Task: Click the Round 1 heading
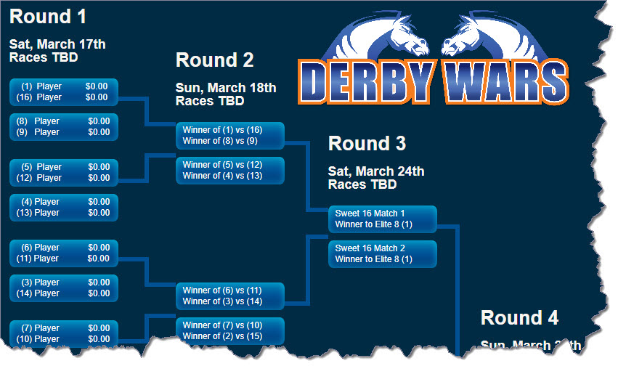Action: (x=52, y=16)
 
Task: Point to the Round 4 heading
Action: (x=519, y=317)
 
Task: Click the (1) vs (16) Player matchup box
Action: (x=64, y=92)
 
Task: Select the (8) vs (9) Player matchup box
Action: (x=64, y=126)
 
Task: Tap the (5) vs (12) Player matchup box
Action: (x=64, y=172)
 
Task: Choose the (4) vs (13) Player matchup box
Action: (x=64, y=207)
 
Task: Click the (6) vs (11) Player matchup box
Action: (x=64, y=253)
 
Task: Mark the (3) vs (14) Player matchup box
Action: (x=64, y=288)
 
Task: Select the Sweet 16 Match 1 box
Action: (x=382, y=219)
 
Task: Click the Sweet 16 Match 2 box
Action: (x=382, y=253)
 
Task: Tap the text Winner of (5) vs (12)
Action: (x=222, y=165)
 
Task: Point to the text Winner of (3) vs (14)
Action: (x=222, y=301)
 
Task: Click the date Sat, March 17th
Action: (x=57, y=44)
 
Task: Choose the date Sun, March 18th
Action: (x=226, y=88)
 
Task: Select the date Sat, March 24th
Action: (x=376, y=171)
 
